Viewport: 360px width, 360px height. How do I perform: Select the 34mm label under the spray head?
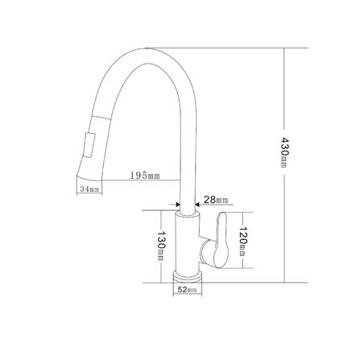coord(89,190)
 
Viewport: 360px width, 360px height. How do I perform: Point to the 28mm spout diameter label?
coord(215,199)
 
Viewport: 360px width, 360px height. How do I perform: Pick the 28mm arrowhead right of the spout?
coord(199,204)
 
